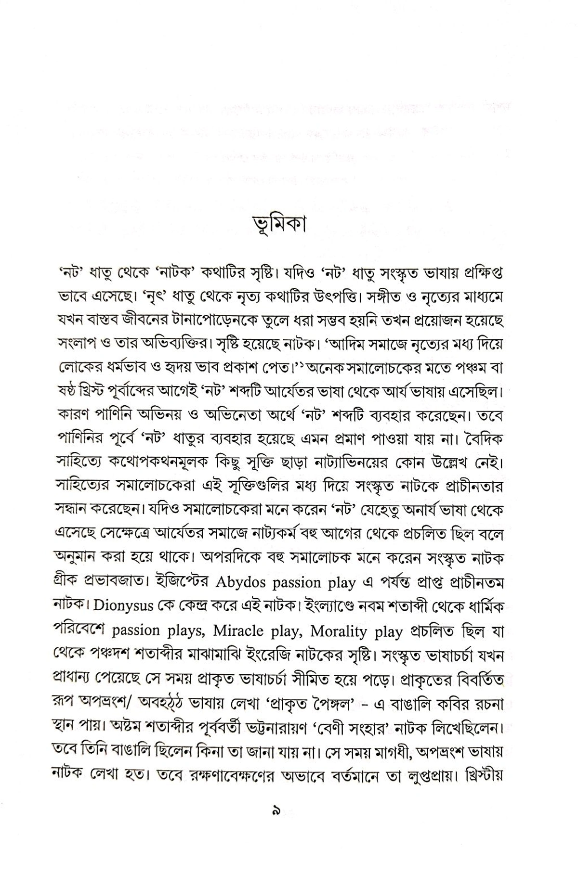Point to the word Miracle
coord(238,631)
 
